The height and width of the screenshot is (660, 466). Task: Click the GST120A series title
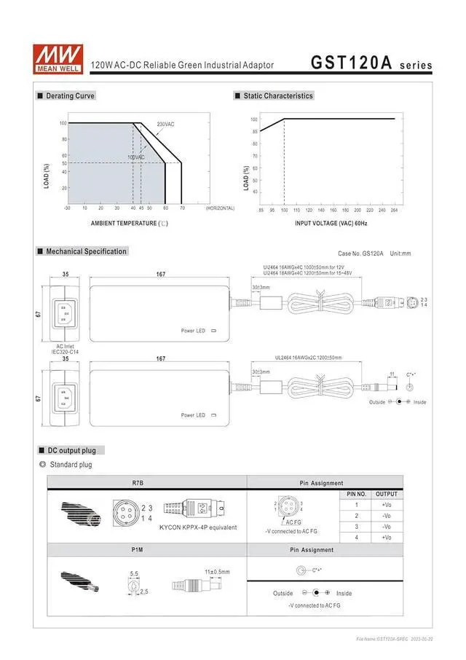[x=371, y=63]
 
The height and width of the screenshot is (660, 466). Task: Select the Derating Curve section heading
[x=70, y=96]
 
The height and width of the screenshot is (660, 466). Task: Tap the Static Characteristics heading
[x=278, y=96]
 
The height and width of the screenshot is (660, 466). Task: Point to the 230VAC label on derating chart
[x=165, y=125]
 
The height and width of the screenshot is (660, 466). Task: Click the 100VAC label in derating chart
[x=136, y=157]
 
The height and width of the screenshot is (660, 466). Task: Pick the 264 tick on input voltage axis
[x=395, y=210]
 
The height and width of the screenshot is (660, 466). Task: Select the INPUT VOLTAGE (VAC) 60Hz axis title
[x=331, y=224]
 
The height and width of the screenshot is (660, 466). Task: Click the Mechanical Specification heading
[x=86, y=251]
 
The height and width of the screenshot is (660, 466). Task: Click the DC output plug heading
[x=71, y=450]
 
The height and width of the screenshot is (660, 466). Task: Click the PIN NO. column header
[x=355, y=494]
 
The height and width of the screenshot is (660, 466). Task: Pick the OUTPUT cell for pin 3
[x=387, y=526]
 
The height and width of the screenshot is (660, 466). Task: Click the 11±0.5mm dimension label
[x=217, y=572]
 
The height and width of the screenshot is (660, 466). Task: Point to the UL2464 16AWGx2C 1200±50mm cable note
[x=308, y=358]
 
